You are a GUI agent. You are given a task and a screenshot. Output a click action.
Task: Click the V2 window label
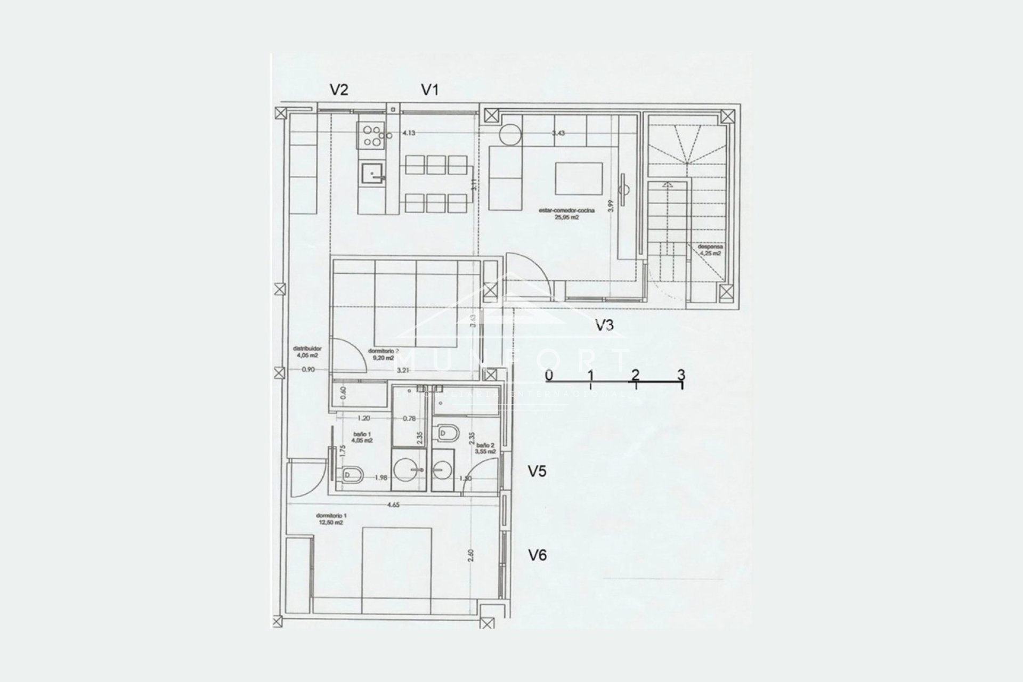point(339,90)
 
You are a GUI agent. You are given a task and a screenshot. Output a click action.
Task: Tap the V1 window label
point(429,90)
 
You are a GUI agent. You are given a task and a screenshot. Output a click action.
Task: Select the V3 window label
point(604,325)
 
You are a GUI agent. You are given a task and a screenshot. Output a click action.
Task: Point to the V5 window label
point(537,472)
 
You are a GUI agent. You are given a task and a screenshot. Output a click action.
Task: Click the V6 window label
point(537,555)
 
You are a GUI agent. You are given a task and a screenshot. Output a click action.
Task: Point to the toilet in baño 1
point(353,474)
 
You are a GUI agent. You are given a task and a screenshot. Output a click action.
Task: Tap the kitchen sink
point(372,173)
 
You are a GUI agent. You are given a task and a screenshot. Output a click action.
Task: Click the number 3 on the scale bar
point(681,375)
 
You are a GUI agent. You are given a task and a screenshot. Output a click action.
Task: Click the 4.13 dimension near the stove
point(408,133)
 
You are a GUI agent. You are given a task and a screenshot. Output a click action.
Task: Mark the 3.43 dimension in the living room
point(558,133)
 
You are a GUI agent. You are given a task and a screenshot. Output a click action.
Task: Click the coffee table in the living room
point(579,178)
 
